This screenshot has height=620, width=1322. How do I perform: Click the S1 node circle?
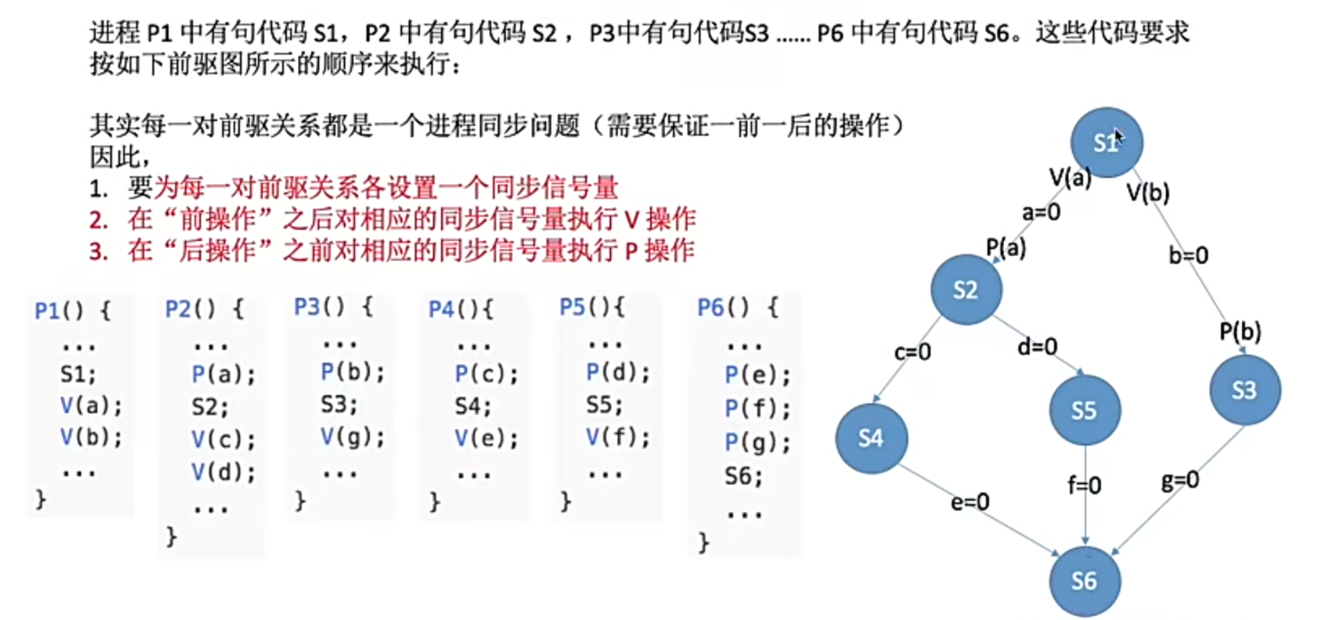1106,142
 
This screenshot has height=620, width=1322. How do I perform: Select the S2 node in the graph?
966,290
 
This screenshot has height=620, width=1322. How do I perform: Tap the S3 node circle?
1244,390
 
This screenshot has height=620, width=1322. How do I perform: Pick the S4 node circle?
871,438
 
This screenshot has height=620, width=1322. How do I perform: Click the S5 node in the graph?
1084,410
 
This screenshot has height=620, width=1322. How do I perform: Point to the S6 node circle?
1084,581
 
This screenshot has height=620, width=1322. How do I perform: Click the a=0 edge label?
1041,212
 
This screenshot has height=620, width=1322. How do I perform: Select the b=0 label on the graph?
1188,255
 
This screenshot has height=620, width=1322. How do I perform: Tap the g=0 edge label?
1180,480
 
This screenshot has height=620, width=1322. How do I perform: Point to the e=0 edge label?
969,502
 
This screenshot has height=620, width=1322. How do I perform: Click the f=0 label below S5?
1085,485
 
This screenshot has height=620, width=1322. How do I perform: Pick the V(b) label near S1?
1147,192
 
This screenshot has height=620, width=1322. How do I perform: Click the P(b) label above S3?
1240,332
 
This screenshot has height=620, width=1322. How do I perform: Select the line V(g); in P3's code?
353,437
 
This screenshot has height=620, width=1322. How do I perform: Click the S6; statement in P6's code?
743,476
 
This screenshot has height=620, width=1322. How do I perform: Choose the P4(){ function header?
461,309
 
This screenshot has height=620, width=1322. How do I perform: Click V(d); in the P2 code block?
223,472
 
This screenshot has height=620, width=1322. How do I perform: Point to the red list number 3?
98,252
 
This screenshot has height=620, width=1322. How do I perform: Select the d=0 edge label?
1037,347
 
